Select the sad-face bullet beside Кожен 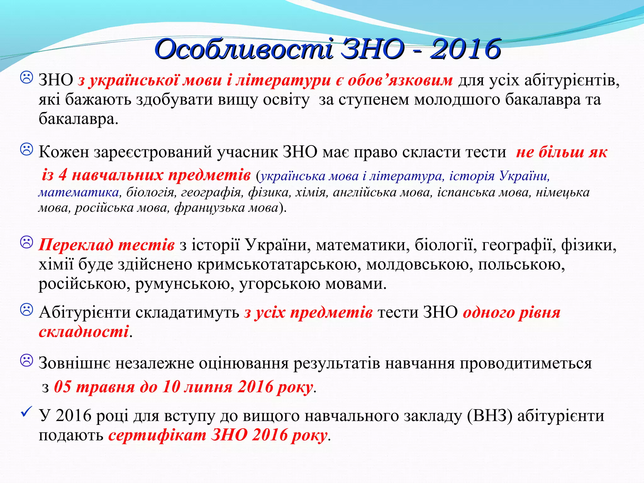26,149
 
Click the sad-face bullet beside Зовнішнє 26,360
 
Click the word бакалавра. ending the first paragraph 78,119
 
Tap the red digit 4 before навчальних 63,175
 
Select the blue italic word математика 79,192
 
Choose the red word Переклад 76,245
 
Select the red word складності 84,332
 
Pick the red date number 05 63,386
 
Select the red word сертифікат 157,436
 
